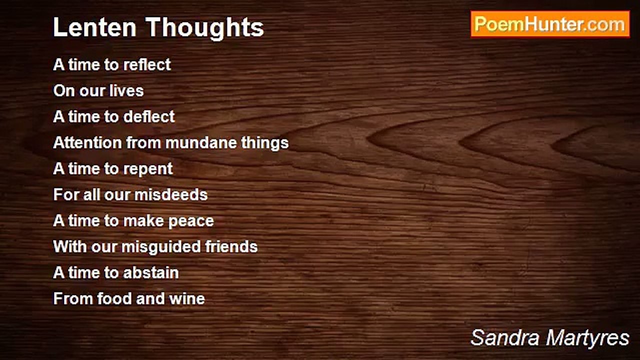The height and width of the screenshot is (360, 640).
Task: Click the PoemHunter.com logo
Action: pyautogui.click(x=550, y=24)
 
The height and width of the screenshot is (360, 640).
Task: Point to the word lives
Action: pyautogui.click(x=127, y=90)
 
